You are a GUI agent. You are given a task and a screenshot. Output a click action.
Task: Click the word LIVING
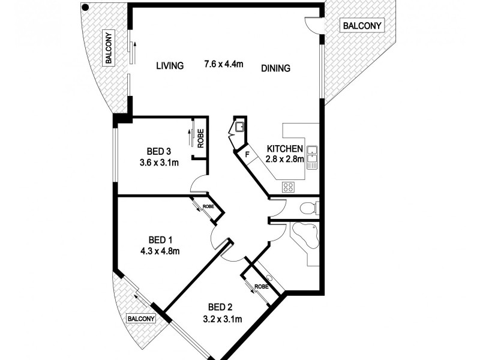[170, 66]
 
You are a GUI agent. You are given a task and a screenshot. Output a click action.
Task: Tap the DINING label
[275, 68]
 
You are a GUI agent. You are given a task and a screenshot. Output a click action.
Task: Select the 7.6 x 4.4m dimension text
[224, 64]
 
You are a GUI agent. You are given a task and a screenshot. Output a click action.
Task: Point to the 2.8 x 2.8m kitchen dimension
[285, 159]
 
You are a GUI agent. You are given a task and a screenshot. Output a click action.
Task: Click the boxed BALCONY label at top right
[362, 26]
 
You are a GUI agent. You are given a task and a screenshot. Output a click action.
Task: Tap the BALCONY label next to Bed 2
[141, 319]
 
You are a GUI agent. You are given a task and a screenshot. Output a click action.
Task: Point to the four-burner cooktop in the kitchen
[288, 186]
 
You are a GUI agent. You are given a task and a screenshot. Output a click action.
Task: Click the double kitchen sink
[312, 157]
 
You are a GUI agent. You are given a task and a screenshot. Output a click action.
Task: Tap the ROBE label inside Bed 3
[201, 140]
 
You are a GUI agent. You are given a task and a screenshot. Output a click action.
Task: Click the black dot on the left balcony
[86, 8]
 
